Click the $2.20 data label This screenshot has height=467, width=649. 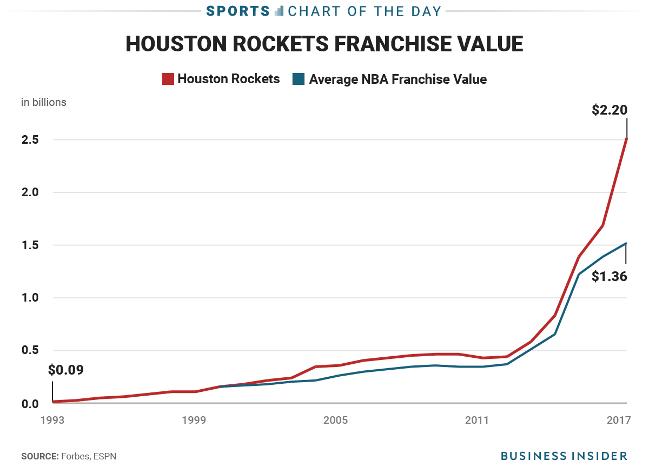point(609,110)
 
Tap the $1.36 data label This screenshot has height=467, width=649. point(609,277)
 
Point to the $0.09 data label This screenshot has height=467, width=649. point(66,370)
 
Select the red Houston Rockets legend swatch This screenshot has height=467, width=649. point(168,79)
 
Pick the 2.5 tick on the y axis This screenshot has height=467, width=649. point(30,140)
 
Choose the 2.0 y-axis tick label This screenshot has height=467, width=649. point(30,192)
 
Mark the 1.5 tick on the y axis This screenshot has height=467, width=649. point(30,245)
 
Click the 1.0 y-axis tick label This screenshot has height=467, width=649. point(30,298)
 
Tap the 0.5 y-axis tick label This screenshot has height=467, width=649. point(30,350)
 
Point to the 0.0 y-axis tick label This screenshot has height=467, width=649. point(30,403)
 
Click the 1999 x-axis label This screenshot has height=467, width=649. point(194,421)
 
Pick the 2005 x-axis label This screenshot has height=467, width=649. point(336,421)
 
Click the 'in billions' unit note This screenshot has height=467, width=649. point(44,102)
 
